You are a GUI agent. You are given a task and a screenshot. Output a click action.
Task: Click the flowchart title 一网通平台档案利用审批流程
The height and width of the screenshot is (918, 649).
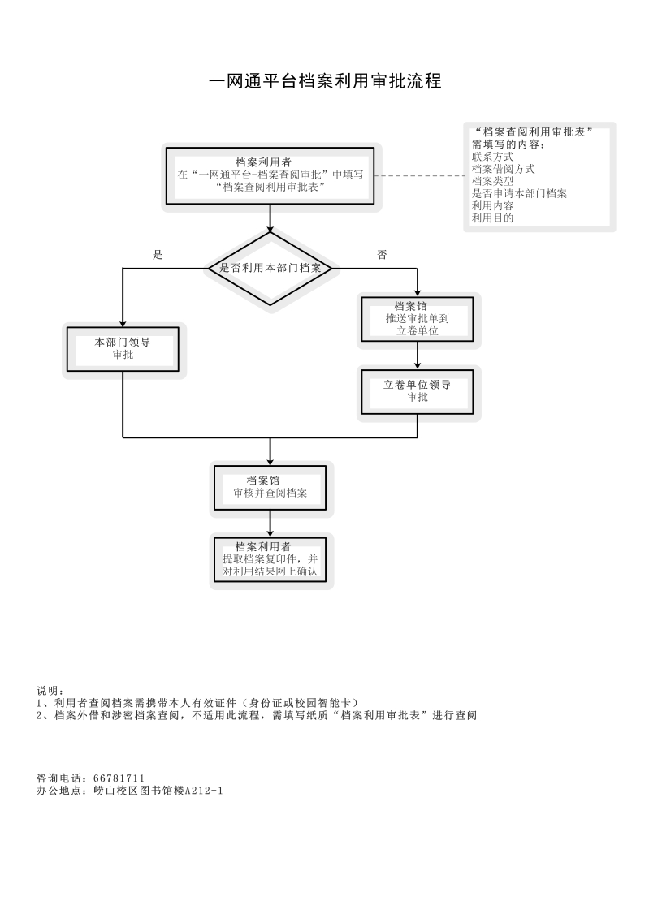pyautogui.click(x=325, y=81)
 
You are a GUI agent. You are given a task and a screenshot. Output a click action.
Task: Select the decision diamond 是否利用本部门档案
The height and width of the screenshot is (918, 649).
pyautogui.click(x=270, y=268)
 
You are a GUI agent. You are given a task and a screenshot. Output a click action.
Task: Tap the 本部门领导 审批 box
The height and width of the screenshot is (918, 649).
pyautogui.click(x=123, y=348)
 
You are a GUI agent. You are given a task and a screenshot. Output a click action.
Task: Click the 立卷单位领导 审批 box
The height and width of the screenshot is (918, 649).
pyautogui.click(x=418, y=391)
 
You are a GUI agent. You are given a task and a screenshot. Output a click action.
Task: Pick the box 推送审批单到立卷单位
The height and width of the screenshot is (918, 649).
pyautogui.click(x=418, y=319)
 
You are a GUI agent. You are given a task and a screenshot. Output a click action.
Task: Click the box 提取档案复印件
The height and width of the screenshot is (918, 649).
pyautogui.click(x=270, y=559)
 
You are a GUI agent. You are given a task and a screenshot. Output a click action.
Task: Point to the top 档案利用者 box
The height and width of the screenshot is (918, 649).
pyautogui.click(x=270, y=175)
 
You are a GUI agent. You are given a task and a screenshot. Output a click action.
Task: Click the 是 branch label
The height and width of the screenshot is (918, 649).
pyautogui.click(x=158, y=255)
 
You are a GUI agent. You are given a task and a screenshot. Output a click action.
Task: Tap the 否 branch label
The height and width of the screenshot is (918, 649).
pyautogui.click(x=382, y=255)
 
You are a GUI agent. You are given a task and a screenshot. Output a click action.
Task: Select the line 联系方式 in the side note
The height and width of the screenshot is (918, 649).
pyautogui.click(x=492, y=157)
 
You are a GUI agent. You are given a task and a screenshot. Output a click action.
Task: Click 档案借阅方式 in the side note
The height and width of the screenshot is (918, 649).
pyautogui.click(x=503, y=169)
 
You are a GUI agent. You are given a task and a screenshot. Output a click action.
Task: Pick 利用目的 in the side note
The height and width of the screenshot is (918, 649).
pyautogui.click(x=492, y=218)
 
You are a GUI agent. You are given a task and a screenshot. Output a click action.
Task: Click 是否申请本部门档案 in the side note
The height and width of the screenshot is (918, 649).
pyautogui.click(x=519, y=193)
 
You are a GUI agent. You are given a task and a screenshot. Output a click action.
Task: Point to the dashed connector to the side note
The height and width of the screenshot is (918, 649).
pyautogui.click(x=418, y=175)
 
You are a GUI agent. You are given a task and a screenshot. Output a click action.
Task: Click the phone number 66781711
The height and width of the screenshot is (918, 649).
pyautogui.click(x=119, y=778)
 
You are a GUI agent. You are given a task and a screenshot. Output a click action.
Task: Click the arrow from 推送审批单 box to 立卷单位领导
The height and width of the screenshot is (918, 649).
pyautogui.click(x=418, y=355)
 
